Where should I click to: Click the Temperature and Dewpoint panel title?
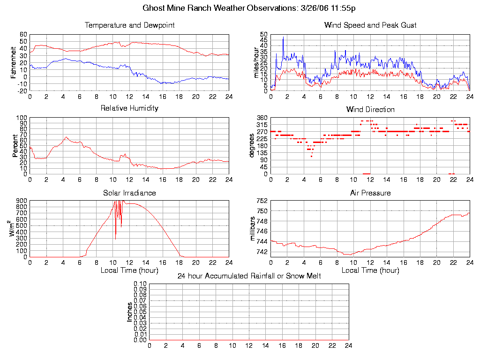coord(129,25)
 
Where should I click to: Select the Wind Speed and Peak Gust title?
coord(370,25)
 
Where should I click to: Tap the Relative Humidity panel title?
coord(129,108)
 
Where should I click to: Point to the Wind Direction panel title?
coord(370,110)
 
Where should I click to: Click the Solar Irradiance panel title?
coord(129,193)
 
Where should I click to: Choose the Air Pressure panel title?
coord(370,193)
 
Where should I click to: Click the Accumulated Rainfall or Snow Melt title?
coord(249,276)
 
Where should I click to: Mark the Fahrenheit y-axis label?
coord(14,62)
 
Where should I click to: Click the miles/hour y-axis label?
coord(255,62)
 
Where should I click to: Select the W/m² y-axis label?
coord(14,229)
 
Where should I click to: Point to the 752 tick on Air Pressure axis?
coord(262,201)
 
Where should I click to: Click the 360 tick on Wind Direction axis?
coord(262,118)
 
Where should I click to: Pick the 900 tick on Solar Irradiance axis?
coord(22,201)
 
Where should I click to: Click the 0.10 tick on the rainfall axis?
coord(140,284)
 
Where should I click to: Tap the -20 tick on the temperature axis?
coord(22,91)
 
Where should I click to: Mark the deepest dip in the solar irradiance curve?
coord(115,239)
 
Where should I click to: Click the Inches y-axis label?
coord(130,312)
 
